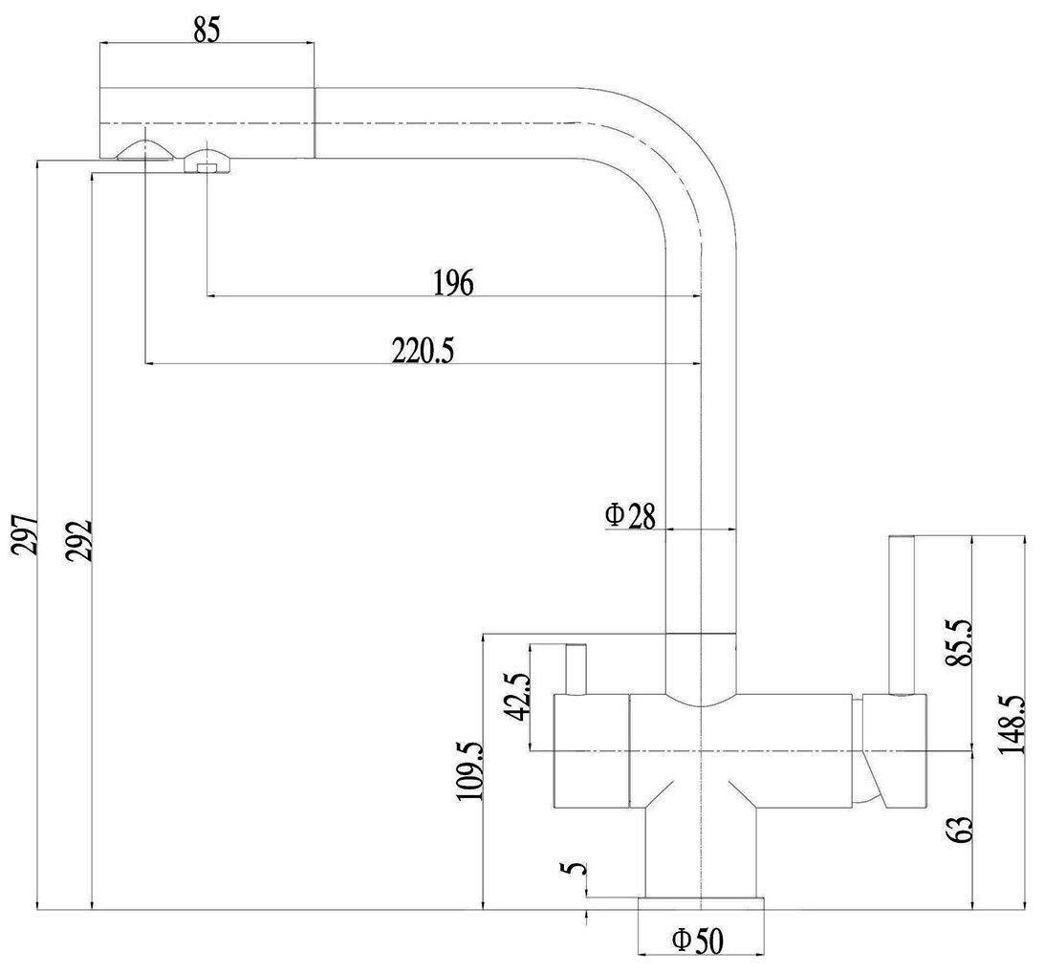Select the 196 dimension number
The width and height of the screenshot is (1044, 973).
454,283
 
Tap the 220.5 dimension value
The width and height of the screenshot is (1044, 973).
422,351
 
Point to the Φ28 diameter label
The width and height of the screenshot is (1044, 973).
629,516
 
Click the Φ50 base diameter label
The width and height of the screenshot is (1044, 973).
697,941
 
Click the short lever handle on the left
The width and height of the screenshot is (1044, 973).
576,670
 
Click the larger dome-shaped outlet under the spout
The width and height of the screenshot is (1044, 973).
143,151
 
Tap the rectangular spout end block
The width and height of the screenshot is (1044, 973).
207,122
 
